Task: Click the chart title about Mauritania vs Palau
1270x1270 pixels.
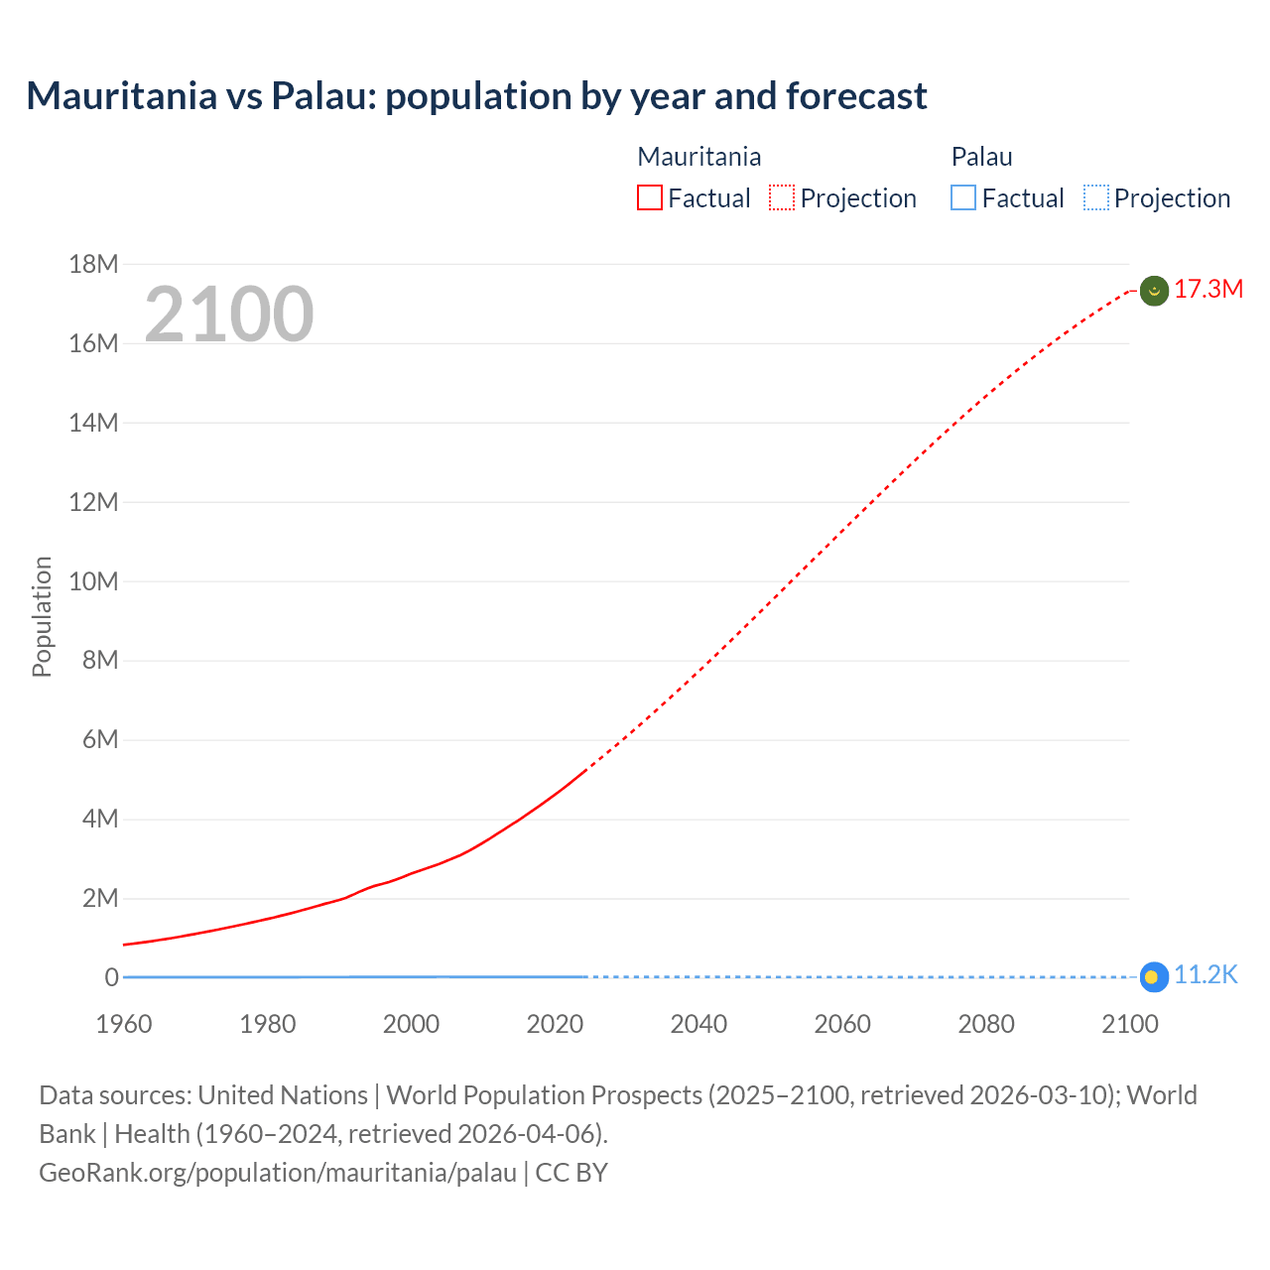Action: pos(476,96)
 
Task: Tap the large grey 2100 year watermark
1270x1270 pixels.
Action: pos(229,315)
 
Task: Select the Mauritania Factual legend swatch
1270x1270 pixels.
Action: pos(649,198)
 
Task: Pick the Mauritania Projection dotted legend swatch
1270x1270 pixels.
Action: pos(782,198)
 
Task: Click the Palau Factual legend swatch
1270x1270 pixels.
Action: pos(962,198)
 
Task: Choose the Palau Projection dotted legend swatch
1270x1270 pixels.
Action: pos(1095,198)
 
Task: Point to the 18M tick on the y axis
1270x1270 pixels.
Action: pos(93,264)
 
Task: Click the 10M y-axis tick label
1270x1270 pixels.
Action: pos(93,581)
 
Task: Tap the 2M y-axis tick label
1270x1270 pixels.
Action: pos(99,899)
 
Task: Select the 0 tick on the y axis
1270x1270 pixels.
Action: pos(111,977)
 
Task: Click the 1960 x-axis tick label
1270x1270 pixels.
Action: pos(124,1024)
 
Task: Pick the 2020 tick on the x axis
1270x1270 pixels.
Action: pos(555,1024)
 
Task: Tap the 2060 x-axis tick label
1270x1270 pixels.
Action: pos(842,1024)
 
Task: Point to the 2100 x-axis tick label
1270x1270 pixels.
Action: pos(1129,1024)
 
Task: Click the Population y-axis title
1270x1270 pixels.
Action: pos(42,616)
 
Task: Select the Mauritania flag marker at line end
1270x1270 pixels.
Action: pos(1153,291)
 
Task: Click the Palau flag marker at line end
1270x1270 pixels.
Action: pos(1152,977)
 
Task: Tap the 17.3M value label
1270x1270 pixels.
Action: pos(1208,290)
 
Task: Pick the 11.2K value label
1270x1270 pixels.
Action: pos(1206,975)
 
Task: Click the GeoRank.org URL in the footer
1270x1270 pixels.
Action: pos(278,1173)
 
